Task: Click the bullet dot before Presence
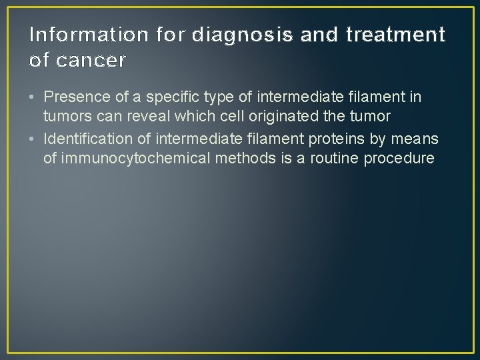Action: pyautogui.click(x=33, y=97)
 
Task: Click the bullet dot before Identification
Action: pyautogui.click(x=33, y=139)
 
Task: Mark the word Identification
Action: pyautogui.click(x=85, y=139)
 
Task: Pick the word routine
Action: pyautogui.click(x=333, y=159)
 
